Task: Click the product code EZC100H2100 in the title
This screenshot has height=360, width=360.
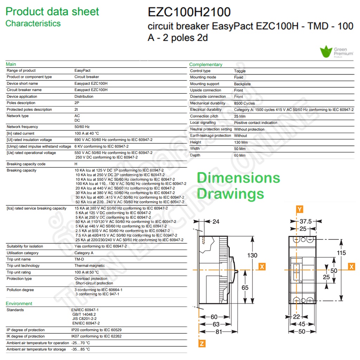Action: (x=189, y=12)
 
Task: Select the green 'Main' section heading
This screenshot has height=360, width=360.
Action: (x=11, y=64)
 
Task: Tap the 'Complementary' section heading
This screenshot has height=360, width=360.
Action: (x=206, y=65)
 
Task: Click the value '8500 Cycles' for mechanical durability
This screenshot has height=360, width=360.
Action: (x=244, y=103)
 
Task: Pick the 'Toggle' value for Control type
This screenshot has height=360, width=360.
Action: (x=240, y=71)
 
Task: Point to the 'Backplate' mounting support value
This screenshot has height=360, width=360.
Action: (x=242, y=84)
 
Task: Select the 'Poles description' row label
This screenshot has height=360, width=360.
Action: (x=21, y=103)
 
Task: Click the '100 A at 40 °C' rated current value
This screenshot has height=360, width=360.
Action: (x=86, y=133)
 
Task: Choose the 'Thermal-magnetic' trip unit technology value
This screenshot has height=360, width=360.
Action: (x=90, y=266)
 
